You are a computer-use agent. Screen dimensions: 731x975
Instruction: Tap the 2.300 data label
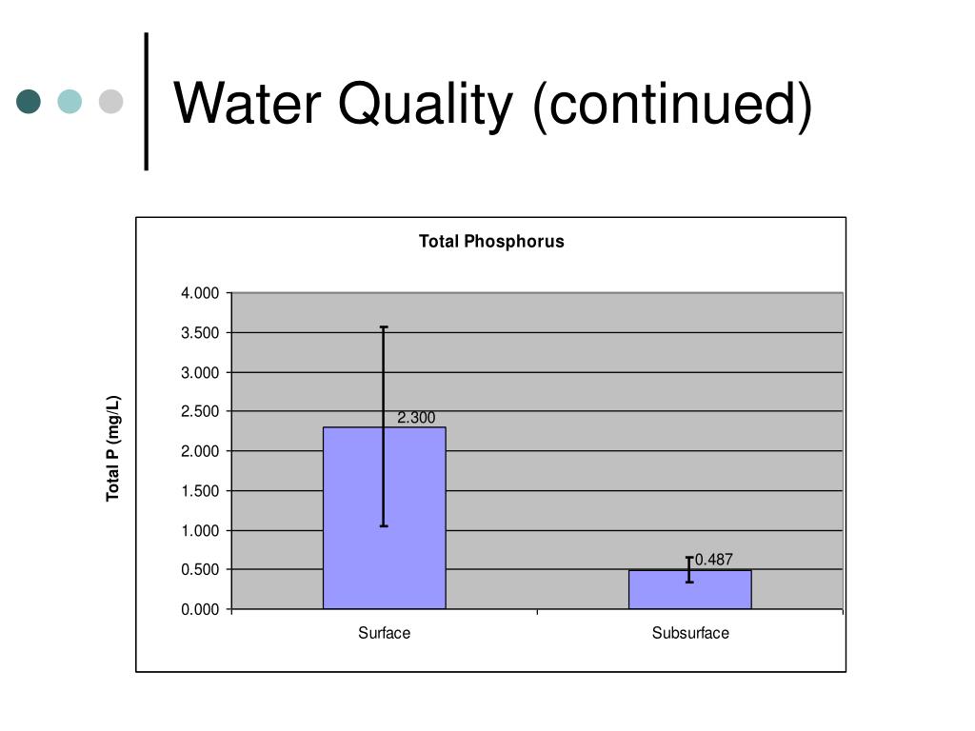pyautogui.click(x=416, y=418)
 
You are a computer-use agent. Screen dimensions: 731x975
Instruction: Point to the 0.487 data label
pyautogui.click(x=714, y=560)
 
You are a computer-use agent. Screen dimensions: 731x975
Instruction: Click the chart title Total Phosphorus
pyautogui.click(x=491, y=242)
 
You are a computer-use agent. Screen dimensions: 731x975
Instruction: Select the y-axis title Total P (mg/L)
pyautogui.click(x=113, y=448)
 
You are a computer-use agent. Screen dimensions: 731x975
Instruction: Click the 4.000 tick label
pyautogui.click(x=200, y=293)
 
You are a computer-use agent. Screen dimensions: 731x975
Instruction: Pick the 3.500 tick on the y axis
pyautogui.click(x=200, y=333)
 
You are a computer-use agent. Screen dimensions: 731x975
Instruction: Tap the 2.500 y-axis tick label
pyautogui.click(x=200, y=412)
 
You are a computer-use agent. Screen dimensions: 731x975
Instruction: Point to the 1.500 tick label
pyautogui.click(x=200, y=491)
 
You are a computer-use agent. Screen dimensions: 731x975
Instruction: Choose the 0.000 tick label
pyautogui.click(x=200, y=609)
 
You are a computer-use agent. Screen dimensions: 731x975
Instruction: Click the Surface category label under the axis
pyautogui.click(x=384, y=633)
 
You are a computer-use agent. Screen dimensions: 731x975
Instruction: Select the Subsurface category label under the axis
pyautogui.click(x=690, y=633)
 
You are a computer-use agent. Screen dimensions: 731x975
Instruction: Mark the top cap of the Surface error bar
pyautogui.click(x=384, y=327)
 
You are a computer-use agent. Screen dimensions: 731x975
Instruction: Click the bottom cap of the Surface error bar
pyautogui.click(x=384, y=525)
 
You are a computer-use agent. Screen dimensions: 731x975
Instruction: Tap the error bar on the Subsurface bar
pyautogui.click(x=689, y=569)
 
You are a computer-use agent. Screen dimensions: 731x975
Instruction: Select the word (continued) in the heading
pyautogui.click(x=672, y=104)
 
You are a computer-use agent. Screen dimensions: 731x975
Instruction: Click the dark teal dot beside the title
pyautogui.click(x=29, y=101)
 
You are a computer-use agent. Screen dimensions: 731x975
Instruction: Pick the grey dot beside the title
pyautogui.click(x=111, y=101)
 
